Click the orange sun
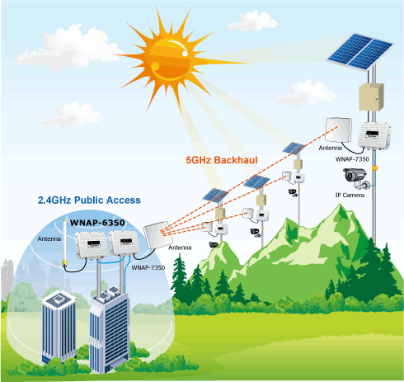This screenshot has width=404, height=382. coord(168,59)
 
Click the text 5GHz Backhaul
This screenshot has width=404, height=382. coord(222,160)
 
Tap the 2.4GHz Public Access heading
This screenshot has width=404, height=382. coord(89,200)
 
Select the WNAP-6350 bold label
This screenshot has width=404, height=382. coord(97,223)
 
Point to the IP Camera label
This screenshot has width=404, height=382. coord(350,195)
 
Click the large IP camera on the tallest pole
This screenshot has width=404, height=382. coord(355,178)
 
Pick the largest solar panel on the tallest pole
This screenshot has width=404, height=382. coord(360,52)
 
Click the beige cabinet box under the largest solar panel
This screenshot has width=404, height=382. coord(371,97)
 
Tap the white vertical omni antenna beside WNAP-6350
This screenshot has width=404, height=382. coord(65,243)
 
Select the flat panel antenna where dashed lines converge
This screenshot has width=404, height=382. coord(157,234)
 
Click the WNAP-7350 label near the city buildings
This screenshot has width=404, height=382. coord(148,267)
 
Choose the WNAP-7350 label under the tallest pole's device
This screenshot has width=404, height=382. coord(352,159)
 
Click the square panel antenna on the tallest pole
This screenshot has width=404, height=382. coord(338,130)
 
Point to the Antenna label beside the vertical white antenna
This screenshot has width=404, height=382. coord(49,238)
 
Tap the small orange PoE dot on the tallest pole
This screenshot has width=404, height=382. coord(374,167)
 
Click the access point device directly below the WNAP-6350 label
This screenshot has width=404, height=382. coord(92,245)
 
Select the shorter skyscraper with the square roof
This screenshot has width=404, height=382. coord(59,327)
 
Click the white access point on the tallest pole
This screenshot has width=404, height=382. coord(374,136)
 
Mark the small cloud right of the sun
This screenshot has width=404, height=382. coord(253,21)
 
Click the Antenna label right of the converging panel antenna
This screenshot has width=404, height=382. coord(180,248)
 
